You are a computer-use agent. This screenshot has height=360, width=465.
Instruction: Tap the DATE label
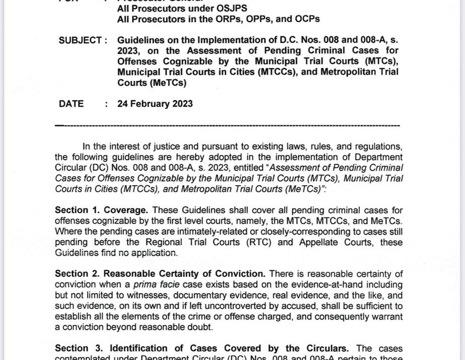point(71,104)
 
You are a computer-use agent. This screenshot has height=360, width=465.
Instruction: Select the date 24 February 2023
point(155,104)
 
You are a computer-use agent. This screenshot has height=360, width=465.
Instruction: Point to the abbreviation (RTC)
point(295,242)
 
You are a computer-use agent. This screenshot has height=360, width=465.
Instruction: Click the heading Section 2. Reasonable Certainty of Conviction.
point(161,274)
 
